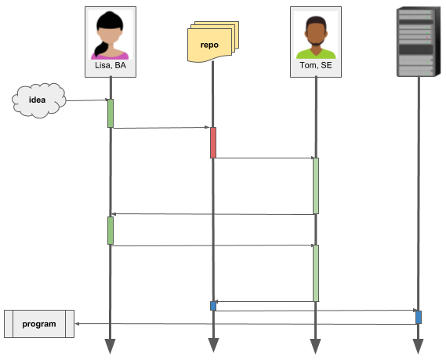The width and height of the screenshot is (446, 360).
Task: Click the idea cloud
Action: (x=38, y=100)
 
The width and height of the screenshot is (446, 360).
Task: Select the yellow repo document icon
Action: (x=213, y=42)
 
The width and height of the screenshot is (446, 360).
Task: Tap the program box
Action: (x=39, y=324)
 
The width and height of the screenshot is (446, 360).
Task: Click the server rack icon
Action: (x=419, y=42)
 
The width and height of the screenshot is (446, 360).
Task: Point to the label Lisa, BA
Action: (x=111, y=65)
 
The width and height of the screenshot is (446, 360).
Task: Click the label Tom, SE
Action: (x=316, y=65)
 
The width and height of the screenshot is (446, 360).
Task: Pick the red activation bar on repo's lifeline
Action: (x=213, y=143)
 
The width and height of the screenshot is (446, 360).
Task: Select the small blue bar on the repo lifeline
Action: (x=213, y=306)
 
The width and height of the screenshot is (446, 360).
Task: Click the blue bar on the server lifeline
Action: (x=419, y=318)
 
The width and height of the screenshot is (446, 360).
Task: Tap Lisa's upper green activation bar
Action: (x=111, y=113)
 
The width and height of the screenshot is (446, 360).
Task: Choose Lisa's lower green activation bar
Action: (x=111, y=231)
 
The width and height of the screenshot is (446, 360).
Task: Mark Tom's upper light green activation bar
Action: (x=316, y=186)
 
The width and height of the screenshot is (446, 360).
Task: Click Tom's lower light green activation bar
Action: (x=316, y=273)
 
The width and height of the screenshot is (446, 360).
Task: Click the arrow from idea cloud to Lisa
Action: (x=87, y=100)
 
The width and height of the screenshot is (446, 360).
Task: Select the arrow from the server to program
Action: (x=245, y=324)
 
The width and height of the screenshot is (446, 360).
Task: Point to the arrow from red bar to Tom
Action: (x=264, y=158)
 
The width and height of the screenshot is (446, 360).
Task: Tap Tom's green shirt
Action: (x=316, y=54)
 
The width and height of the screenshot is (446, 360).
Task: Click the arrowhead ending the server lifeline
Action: (x=418, y=346)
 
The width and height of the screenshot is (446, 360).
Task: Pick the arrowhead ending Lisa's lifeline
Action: (x=110, y=346)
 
